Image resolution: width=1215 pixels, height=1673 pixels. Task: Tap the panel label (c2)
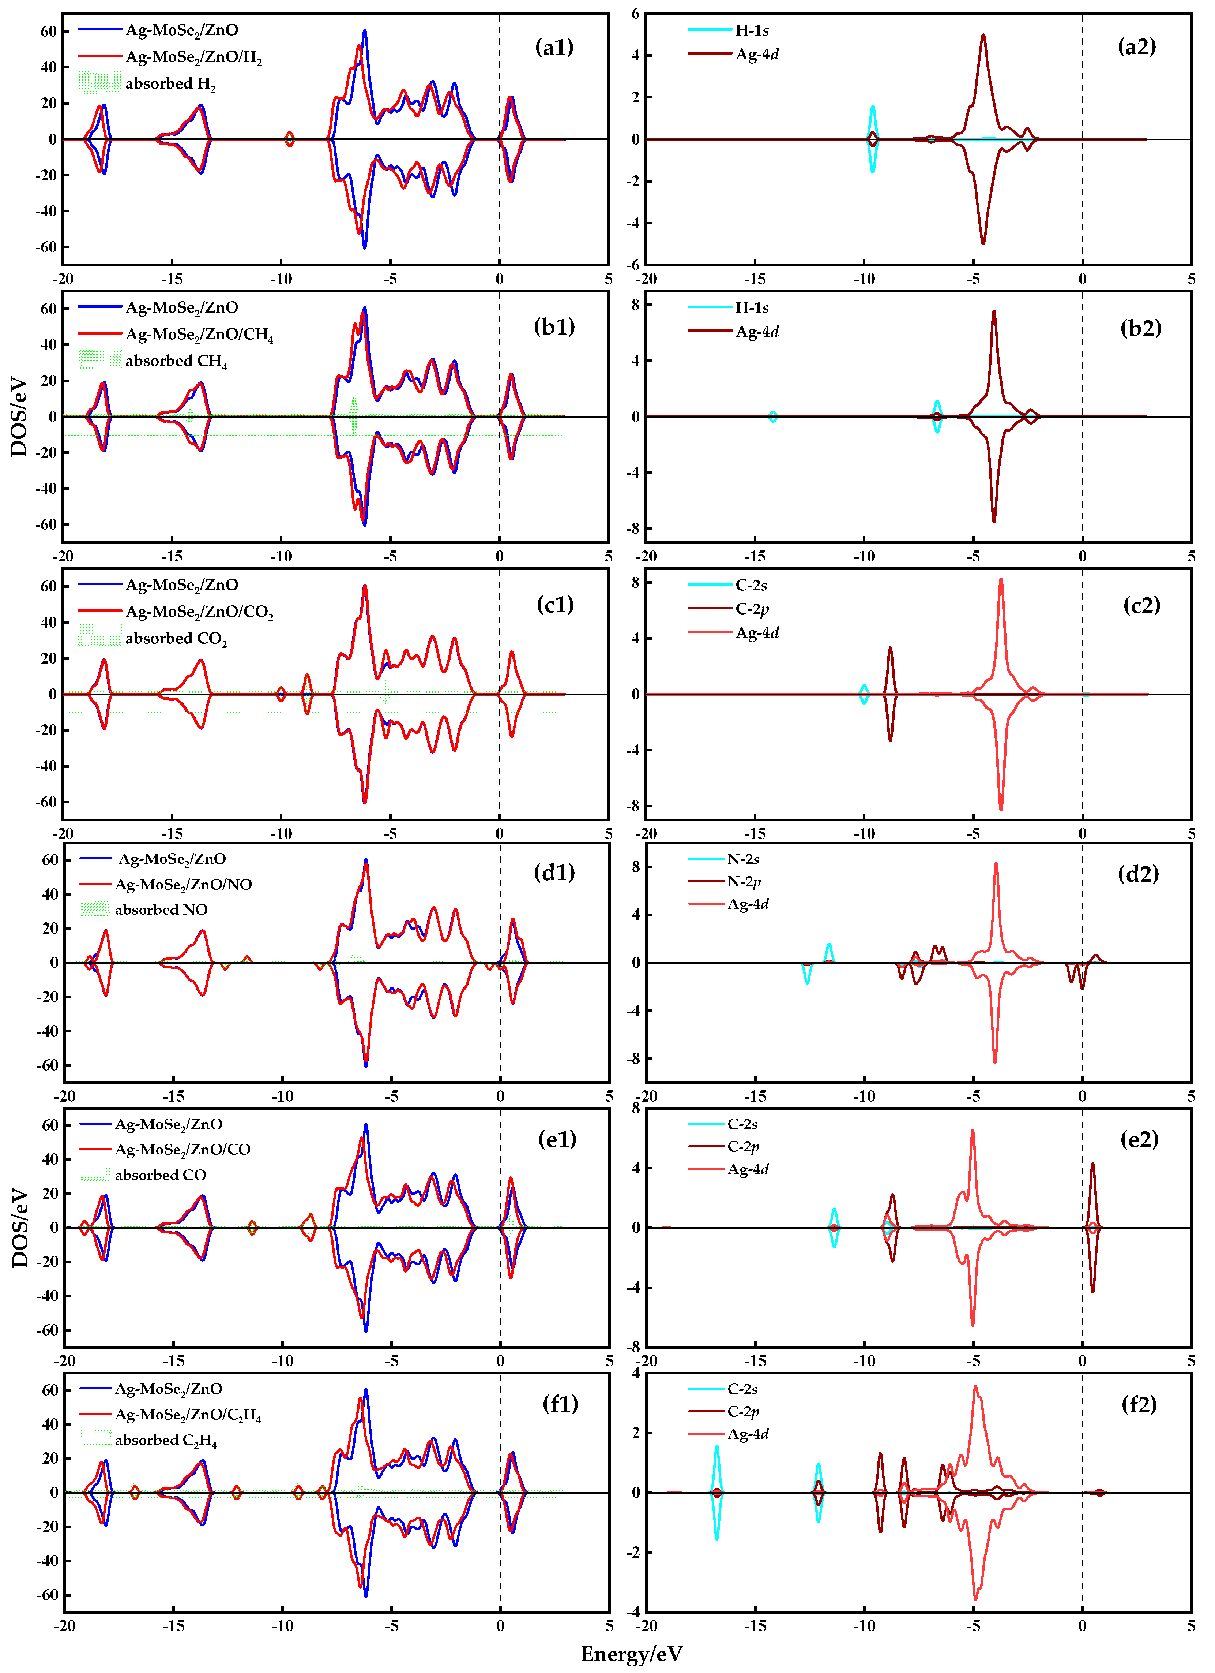tap(1141, 605)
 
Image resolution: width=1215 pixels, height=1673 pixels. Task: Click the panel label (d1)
tap(554, 873)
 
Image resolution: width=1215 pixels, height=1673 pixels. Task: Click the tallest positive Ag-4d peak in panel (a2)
tap(983, 36)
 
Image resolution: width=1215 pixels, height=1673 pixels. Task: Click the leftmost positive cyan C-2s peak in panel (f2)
tap(716, 1447)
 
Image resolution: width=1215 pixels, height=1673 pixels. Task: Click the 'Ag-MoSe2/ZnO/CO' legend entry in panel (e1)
tap(182, 1149)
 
